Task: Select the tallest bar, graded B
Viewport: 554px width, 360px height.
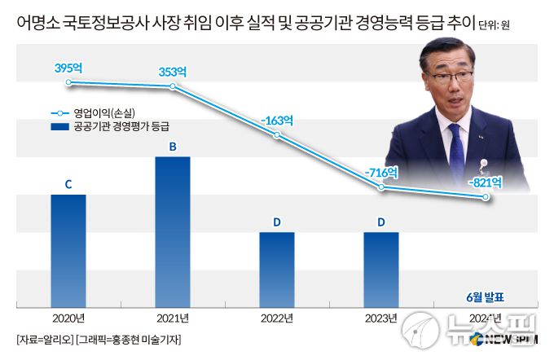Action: click(173, 232)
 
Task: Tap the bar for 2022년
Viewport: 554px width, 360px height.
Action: click(277, 270)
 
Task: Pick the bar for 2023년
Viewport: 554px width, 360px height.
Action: click(381, 270)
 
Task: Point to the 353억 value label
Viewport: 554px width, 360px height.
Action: click(173, 72)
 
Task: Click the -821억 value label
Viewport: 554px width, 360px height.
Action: click(486, 182)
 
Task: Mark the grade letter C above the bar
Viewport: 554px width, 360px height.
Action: click(68, 185)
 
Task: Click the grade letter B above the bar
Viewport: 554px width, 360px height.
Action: click(173, 147)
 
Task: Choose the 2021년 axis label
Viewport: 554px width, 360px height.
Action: click(173, 318)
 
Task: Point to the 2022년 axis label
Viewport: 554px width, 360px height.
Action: click(277, 318)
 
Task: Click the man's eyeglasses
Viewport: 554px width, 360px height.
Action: click(459, 77)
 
